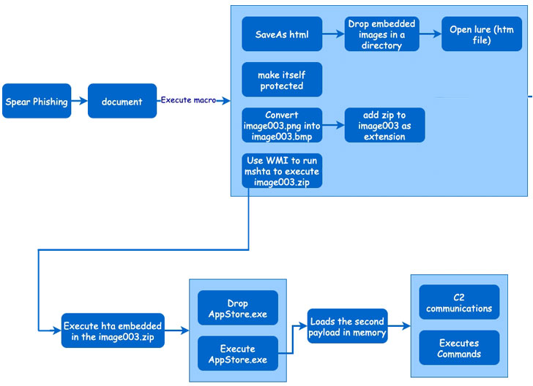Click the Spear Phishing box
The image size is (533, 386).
(x=37, y=101)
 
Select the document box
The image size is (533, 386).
(x=122, y=101)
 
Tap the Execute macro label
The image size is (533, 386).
(x=188, y=100)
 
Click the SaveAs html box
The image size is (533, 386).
(x=282, y=34)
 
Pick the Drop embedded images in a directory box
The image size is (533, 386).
(x=381, y=34)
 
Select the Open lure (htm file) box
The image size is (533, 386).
(x=482, y=34)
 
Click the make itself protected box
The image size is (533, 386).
(x=282, y=80)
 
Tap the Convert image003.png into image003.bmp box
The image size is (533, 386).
(x=282, y=125)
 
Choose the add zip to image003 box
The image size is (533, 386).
(x=385, y=125)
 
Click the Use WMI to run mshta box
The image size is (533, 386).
(x=282, y=171)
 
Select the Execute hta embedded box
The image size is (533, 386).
(x=113, y=330)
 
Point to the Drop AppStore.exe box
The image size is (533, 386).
(x=238, y=308)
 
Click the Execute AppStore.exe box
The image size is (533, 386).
(x=238, y=353)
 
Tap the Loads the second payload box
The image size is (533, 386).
(x=347, y=326)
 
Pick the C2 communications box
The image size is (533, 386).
(x=459, y=302)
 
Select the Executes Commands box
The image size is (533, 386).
(x=459, y=348)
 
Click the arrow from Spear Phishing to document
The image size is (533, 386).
(x=80, y=101)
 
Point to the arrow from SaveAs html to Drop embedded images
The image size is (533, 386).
(x=333, y=34)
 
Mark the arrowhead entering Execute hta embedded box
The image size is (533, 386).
(x=57, y=330)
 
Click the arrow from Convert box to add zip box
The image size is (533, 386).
(x=333, y=125)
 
